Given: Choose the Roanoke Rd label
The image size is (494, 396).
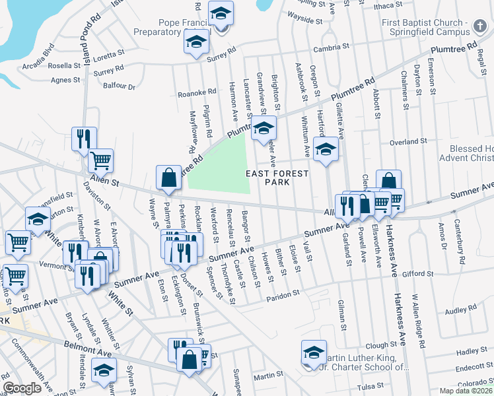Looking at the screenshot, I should pyautogui.click(x=197, y=93).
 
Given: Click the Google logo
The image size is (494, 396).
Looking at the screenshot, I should pyautogui.click(x=22, y=388).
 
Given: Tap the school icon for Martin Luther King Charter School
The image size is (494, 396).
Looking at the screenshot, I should pyautogui.click(x=314, y=351).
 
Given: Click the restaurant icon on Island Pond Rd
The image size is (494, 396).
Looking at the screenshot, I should pyautogui.click(x=84, y=139).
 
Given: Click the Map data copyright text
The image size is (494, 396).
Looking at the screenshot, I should pyautogui.click(x=466, y=391).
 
